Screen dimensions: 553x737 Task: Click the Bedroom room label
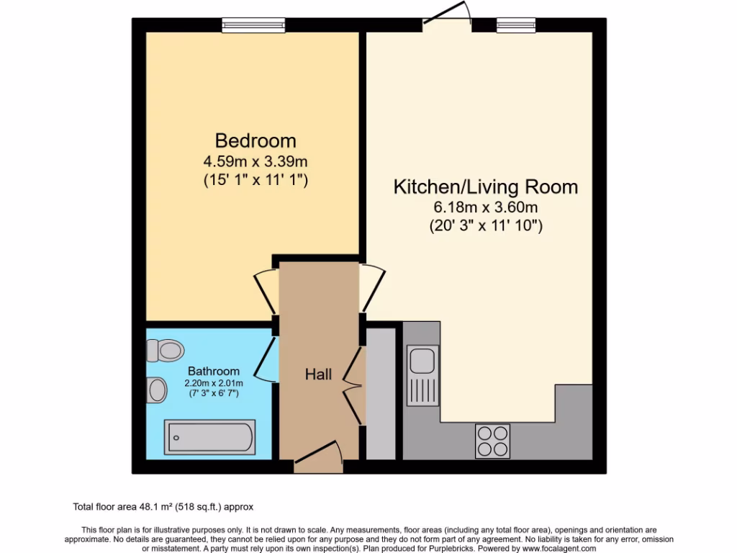tap(256, 140)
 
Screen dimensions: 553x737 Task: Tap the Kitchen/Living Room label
tap(485, 187)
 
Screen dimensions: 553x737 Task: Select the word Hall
tap(318, 374)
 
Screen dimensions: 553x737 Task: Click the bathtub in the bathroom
tap(209, 437)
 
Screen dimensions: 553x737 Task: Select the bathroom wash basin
tap(156, 391)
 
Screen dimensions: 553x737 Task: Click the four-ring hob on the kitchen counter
tap(493, 441)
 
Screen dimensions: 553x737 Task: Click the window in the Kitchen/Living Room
tap(516, 25)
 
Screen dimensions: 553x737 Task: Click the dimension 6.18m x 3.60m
tap(485, 208)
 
